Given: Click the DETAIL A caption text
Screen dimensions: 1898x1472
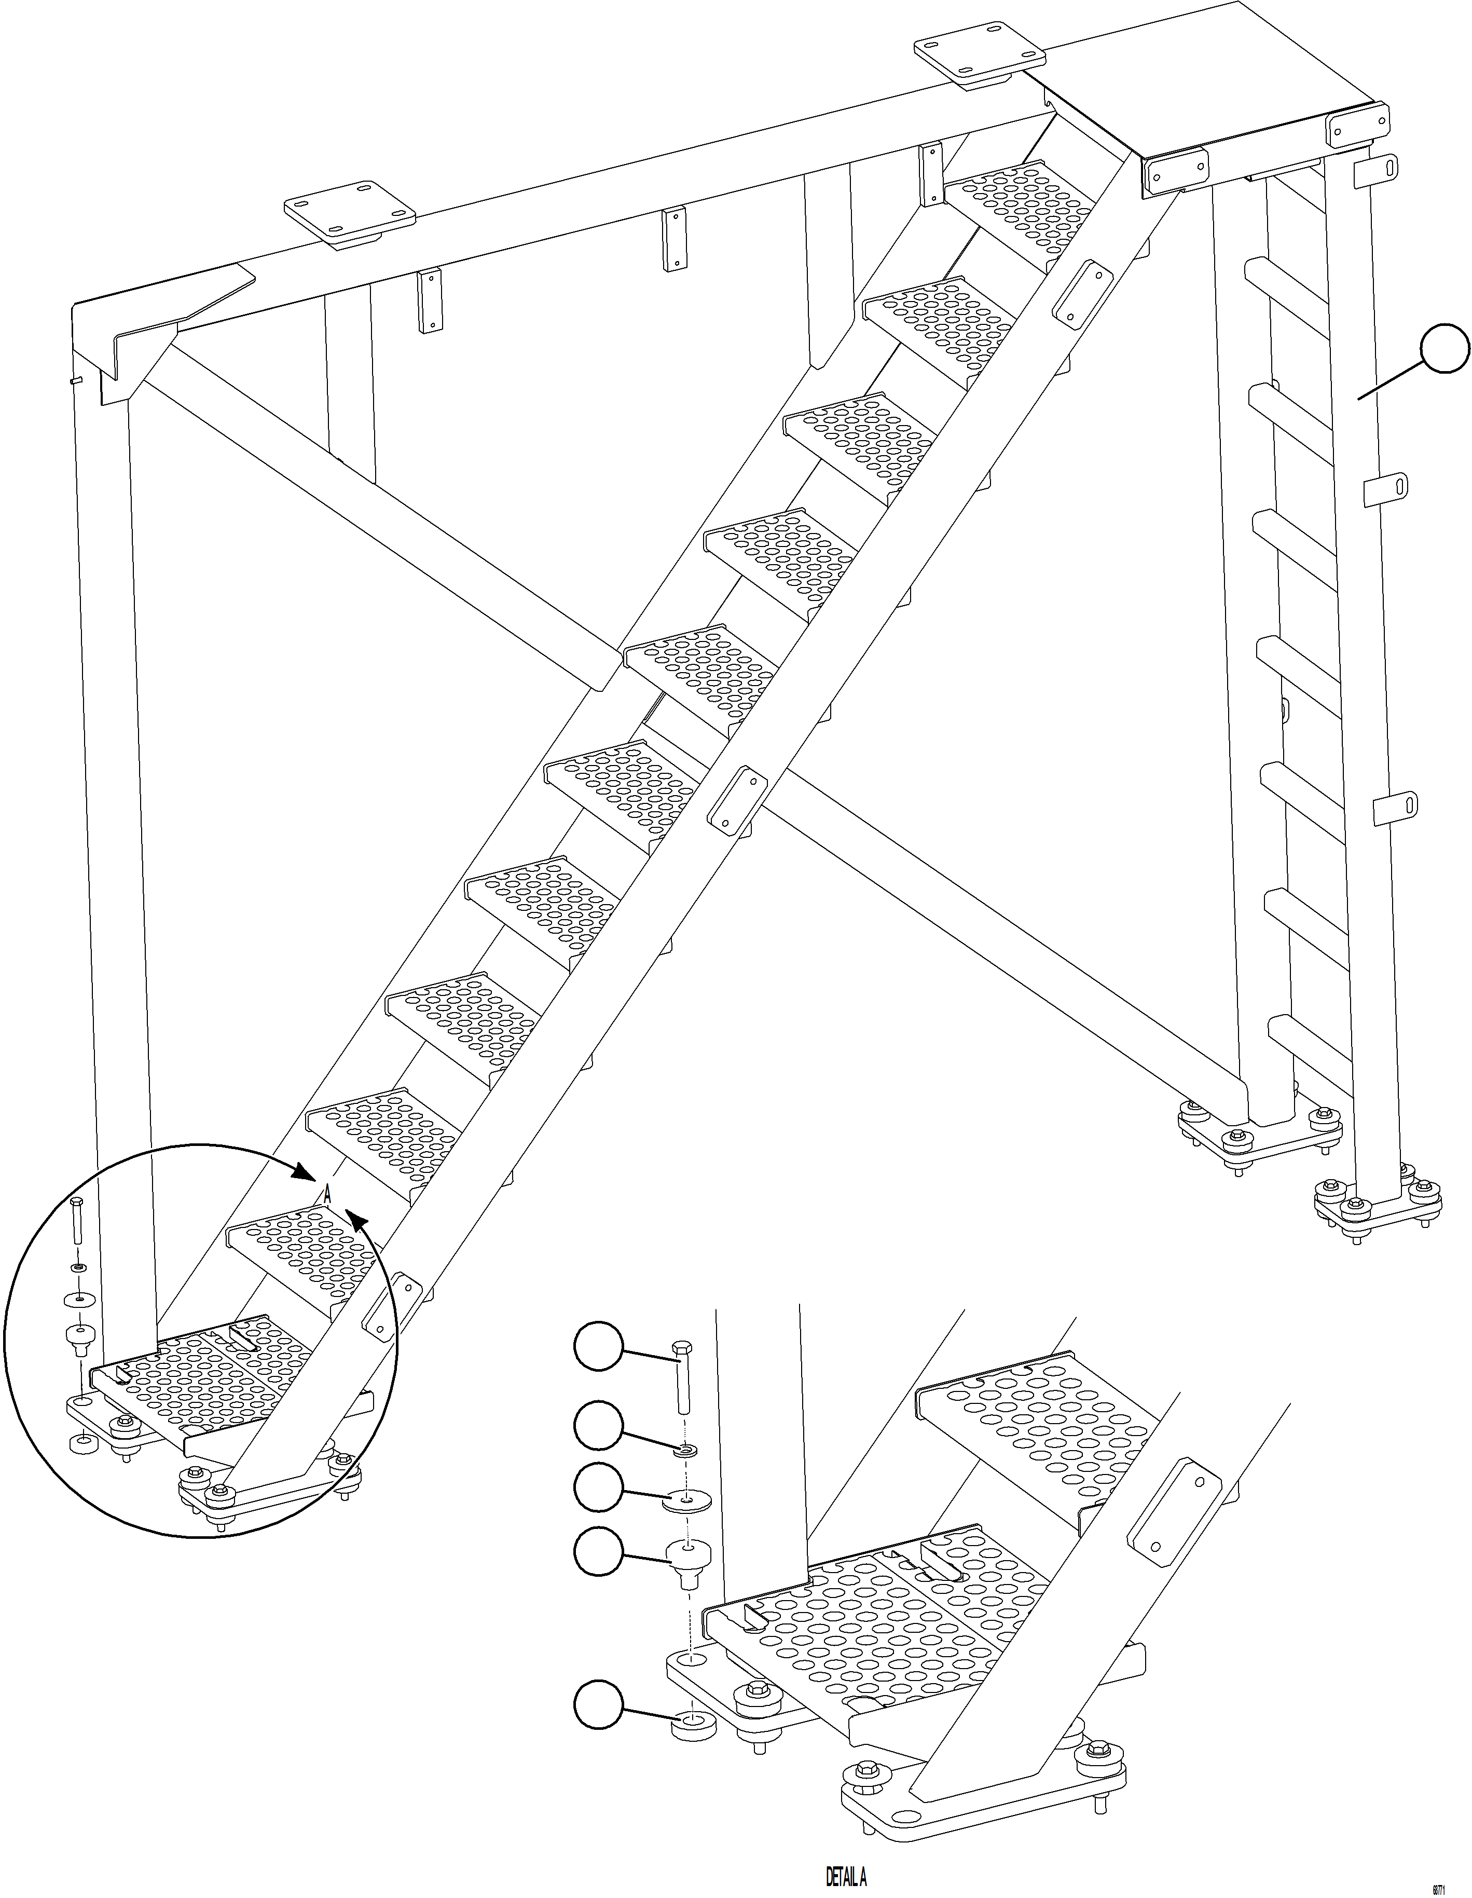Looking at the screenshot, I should pyautogui.click(x=846, y=1878).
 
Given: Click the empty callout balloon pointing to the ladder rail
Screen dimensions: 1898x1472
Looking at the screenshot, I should pyautogui.click(x=1444, y=348).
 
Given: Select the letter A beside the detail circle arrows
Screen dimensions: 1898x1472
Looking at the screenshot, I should pyautogui.click(x=327, y=1195).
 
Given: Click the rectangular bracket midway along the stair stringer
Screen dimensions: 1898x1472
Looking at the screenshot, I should pyautogui.click(x=737, y=799).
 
